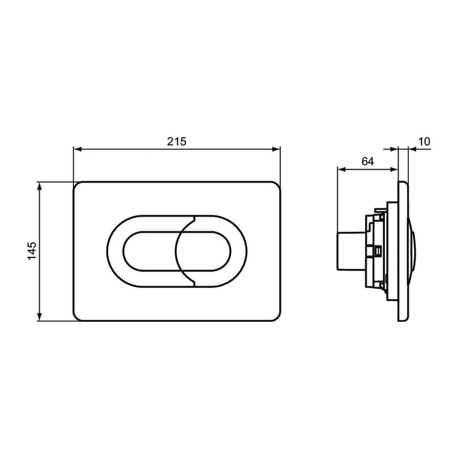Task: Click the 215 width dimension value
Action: click(x=177, y=142)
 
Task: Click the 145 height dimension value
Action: click(x=32, y=251)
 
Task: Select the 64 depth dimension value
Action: click(x=368, y=161)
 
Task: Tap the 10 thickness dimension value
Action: click(x=424, y=142)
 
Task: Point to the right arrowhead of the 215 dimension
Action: click(x=276, y=149)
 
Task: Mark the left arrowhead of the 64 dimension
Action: click(x=341, y=169)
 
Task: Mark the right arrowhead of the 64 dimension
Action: click(x=393, y=169)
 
